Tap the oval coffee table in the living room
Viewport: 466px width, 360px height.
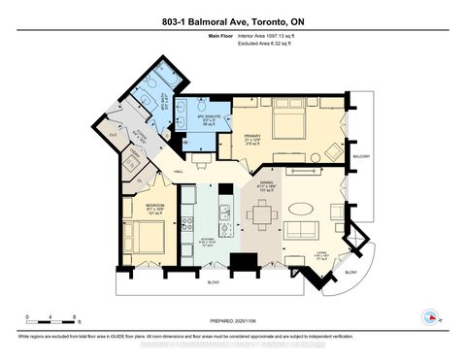tap(302, 208)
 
